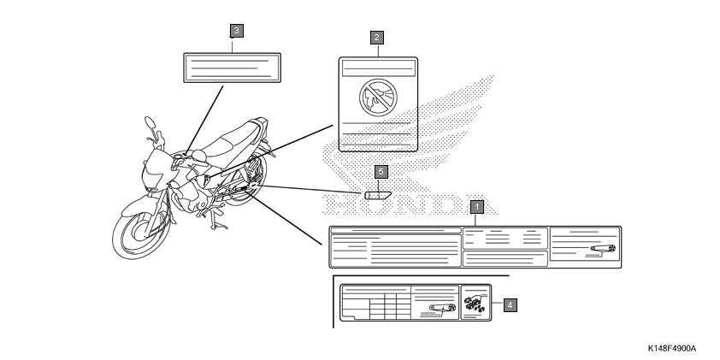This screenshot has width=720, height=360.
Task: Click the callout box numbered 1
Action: click(477, 206)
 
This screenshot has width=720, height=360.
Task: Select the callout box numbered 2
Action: click(376, 38)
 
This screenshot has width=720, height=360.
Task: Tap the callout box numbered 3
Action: click(236, 30)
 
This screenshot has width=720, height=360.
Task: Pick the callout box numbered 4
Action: click(510, 304)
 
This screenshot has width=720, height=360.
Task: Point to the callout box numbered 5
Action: click(382, 173)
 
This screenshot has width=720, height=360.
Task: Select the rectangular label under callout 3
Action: click(233, 67)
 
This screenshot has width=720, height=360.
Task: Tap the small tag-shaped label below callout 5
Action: click(378, 194)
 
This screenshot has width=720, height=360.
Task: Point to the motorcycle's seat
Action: click(233, 138)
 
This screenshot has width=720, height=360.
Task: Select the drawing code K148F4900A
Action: click(672, 349)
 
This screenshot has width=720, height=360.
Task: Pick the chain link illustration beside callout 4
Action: click(474, 303)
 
